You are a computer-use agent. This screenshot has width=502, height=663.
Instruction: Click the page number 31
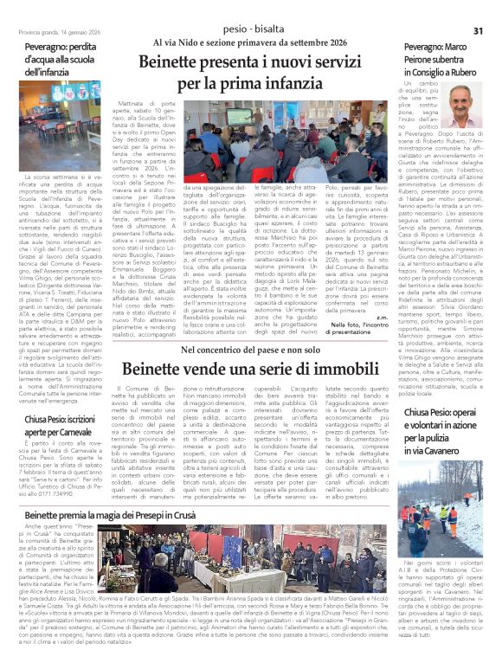(489, 30)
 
